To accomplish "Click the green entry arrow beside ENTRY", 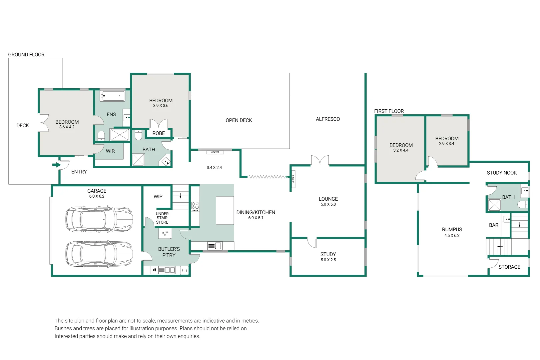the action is [56, 165].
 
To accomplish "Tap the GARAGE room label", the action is [97, 191].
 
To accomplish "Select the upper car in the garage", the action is [99, 219].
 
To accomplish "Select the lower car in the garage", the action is [99, 254].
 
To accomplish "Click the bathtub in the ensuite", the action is [112, 96].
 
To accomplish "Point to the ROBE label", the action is [159, 133].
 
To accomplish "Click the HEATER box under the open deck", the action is [215, 152].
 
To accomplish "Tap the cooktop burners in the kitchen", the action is [195, 207].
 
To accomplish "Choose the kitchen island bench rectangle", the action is [225, 210].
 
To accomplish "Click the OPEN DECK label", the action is [239, 120].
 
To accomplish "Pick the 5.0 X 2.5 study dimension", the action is [328, 260].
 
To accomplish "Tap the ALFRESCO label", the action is [328, 119].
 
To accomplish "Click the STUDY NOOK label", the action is [502, 173].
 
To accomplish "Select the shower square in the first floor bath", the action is [494, 205].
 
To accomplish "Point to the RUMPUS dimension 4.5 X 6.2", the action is [452, 235].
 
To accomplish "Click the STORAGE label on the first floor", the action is [509, 267].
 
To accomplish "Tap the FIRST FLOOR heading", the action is [389, 111].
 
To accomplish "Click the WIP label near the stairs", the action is [158, 197].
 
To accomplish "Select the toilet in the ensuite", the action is [101, 136].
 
